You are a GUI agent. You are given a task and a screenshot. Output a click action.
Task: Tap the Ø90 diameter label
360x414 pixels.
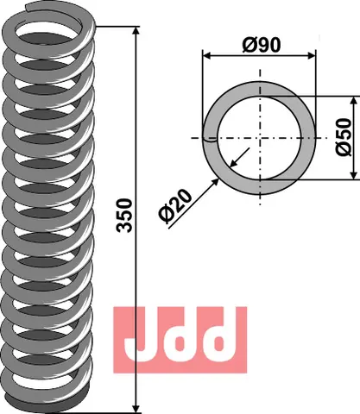(258, 44)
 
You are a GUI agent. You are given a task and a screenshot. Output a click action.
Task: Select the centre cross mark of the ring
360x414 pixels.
(258, 138)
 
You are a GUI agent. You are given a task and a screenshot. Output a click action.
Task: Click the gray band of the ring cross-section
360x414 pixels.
(258, 94)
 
